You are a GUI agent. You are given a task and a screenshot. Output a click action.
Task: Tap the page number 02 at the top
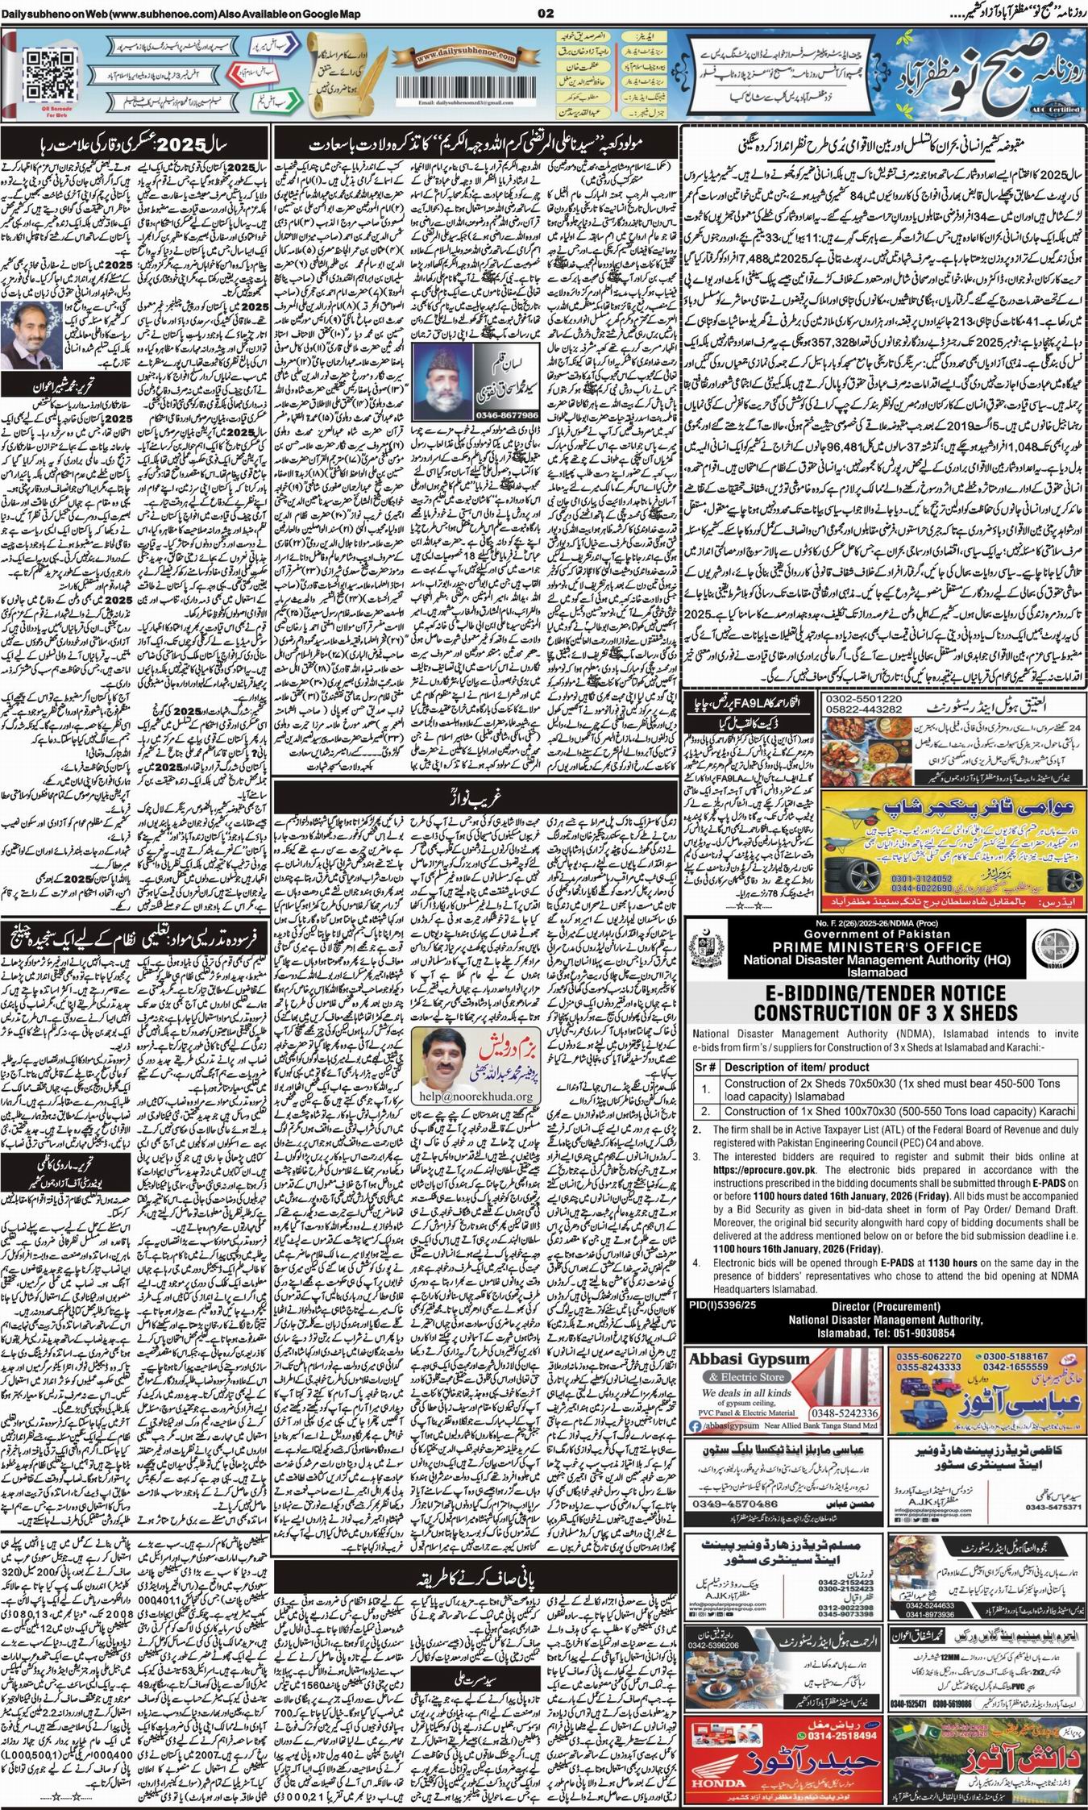pyautogui.click(x=544, y=11)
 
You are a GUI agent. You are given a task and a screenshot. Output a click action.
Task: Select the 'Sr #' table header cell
pyautogui.click(x=706, y=1067)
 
